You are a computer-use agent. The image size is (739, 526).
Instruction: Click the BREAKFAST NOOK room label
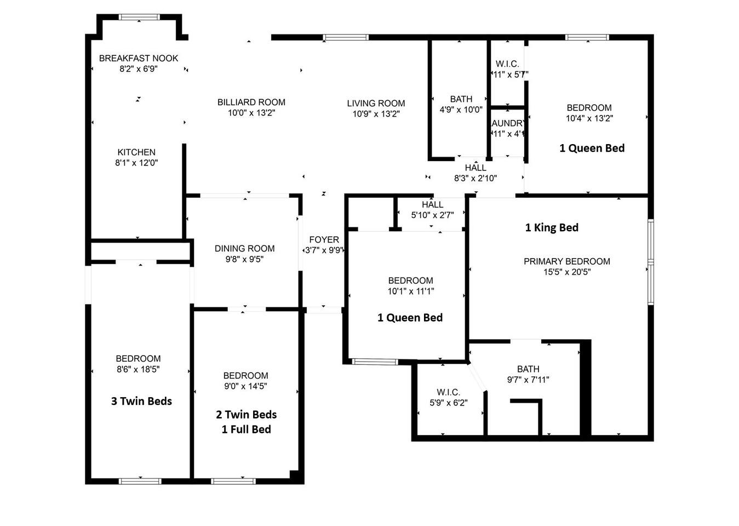tap(139, 59)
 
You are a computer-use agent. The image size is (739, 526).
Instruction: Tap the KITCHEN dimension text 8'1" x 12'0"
tap(136, 163)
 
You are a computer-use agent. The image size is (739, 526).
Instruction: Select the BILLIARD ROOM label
tap(251, 102)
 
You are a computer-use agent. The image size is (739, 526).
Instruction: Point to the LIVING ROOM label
tap(376, 104)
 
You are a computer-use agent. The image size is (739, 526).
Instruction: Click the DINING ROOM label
tap(244, 249)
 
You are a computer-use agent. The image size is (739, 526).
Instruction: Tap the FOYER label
tap(324, 239)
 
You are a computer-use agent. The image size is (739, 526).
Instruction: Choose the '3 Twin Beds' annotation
tap(141, 401)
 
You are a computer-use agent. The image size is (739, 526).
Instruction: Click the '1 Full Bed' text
tap(247, 430)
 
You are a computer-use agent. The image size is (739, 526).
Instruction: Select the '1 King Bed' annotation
tap(552, 227)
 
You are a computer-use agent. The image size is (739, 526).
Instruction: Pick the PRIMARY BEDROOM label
tap(567, 261)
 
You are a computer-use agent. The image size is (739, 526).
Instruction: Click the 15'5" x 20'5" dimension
tap(567, 272)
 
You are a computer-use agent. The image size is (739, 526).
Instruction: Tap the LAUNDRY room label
tap(507, 123)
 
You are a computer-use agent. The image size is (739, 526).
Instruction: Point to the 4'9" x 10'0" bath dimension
tap(461, 110)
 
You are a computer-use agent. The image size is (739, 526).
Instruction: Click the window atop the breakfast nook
tap(139, 17)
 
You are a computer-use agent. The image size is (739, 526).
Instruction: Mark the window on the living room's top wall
tap(346, 37)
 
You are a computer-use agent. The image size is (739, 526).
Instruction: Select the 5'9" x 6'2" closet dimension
tap(449, 403)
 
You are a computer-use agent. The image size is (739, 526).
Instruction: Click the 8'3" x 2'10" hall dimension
tap(476, 178)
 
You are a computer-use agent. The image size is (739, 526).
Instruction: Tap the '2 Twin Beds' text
tap(247, 414)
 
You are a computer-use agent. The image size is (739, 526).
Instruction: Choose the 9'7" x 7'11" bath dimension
tap(528, 380)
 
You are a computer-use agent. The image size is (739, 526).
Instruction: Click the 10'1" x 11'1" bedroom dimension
tap(411, 291)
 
